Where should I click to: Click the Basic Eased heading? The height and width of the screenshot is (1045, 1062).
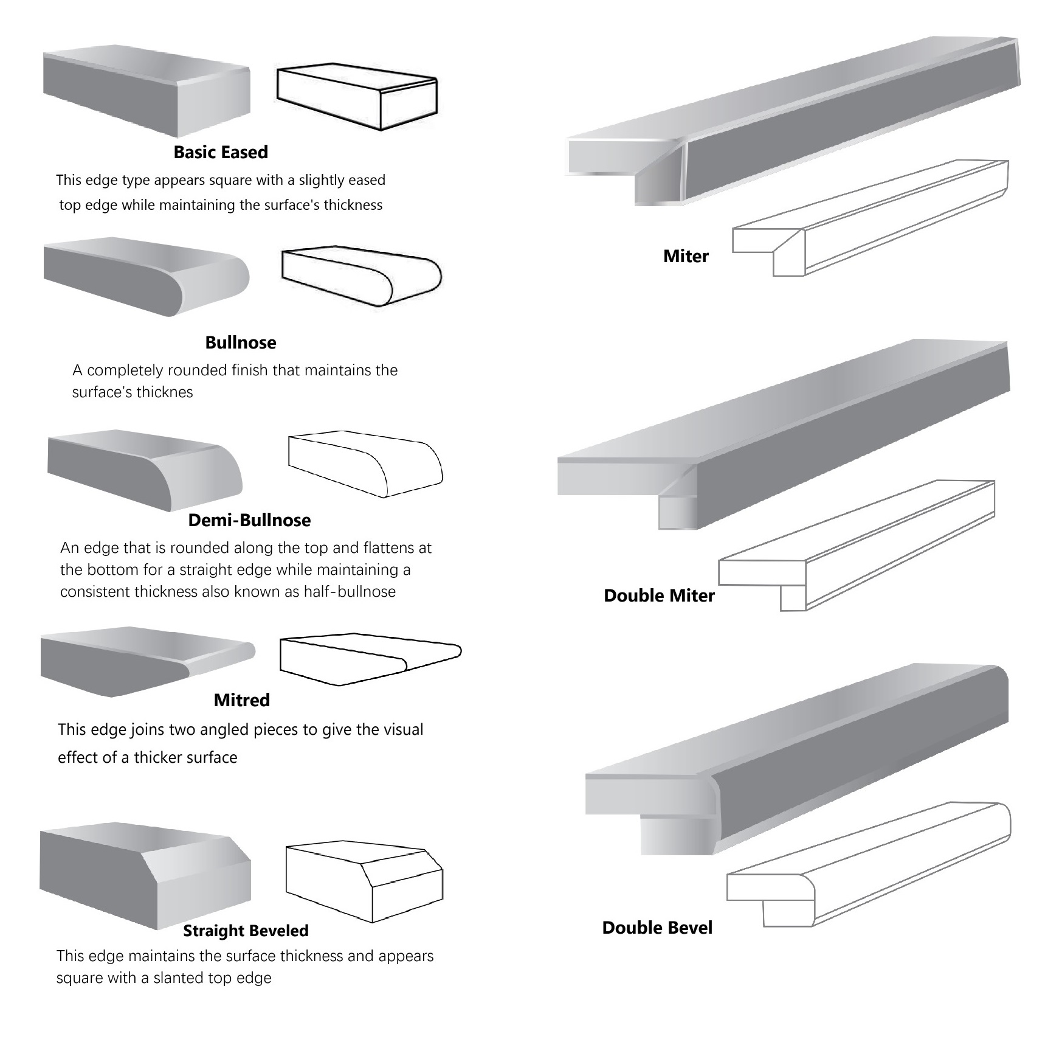coord(221,152)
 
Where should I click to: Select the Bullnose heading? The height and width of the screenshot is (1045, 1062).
coord(241,342)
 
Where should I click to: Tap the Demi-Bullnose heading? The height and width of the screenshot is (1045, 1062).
coord(249,520)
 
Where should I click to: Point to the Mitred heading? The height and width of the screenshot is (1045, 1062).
coord(241,700)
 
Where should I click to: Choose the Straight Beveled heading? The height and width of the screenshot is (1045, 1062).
coord(246,931)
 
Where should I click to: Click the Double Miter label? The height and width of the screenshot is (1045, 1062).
coord(659,595)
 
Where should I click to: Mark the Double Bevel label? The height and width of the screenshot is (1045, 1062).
coord(657,928)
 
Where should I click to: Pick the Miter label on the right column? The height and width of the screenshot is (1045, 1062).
coord(686,256)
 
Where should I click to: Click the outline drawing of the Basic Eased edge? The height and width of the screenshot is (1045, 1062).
coord(357,97)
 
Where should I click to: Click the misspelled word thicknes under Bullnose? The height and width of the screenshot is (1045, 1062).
coord(163,392)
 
